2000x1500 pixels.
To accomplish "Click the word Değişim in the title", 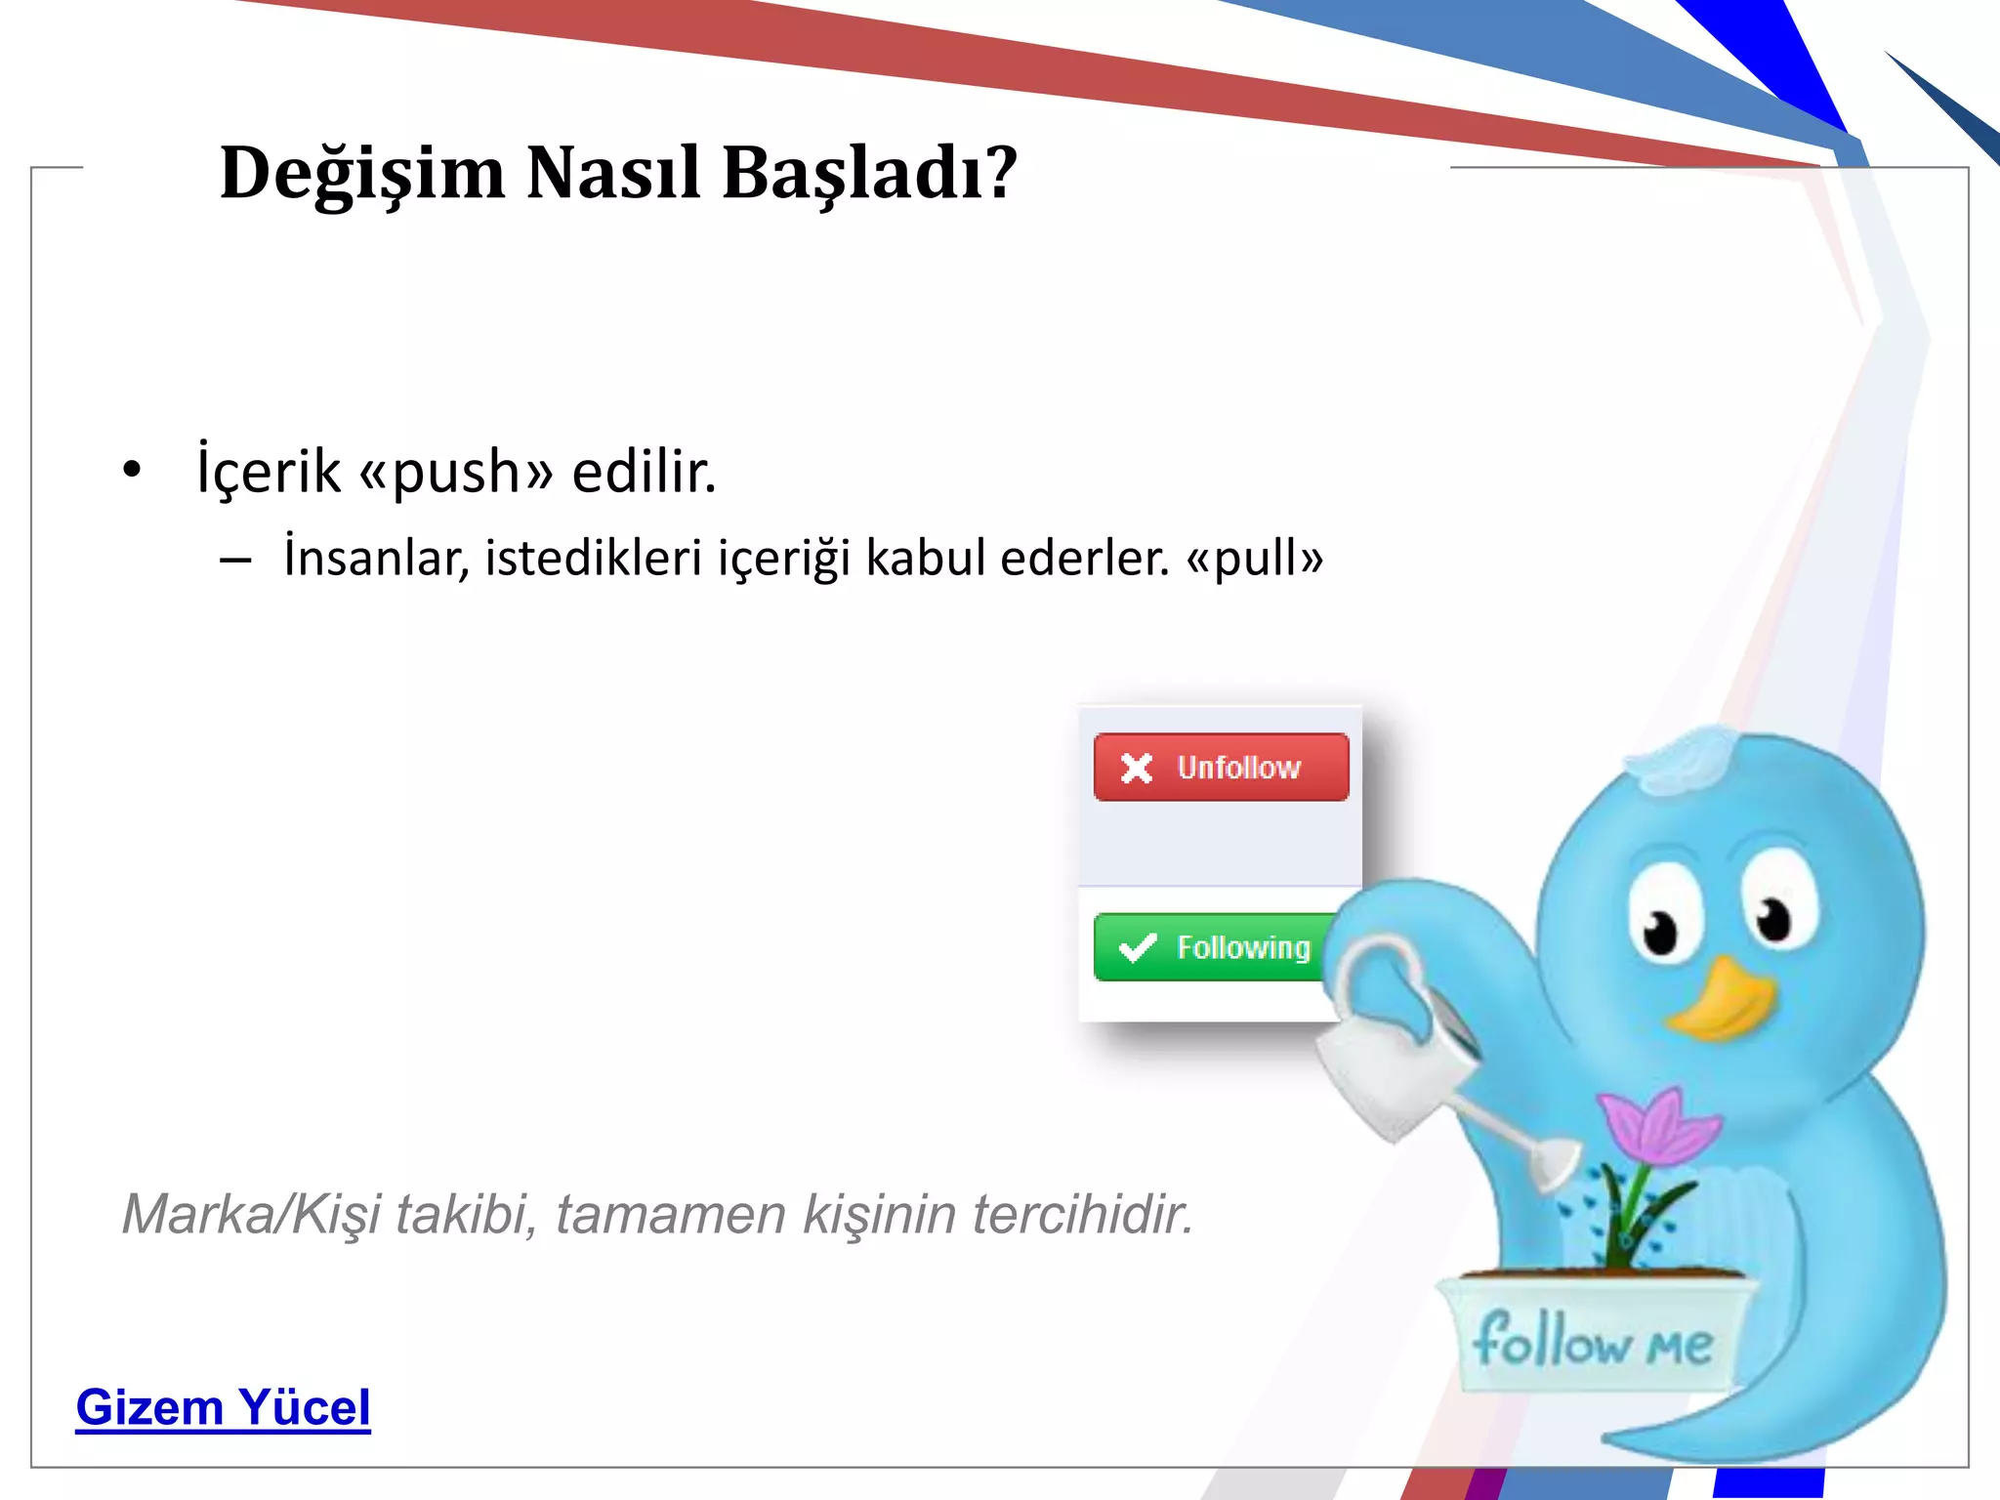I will pos(362,173).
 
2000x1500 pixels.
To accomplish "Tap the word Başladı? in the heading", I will pos(869,173).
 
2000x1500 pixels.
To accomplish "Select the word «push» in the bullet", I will pos(456,472).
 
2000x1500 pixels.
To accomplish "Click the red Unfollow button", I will pos(1221,768).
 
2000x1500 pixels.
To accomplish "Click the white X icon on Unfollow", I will pos(1137,769).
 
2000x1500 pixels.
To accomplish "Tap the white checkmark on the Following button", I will pos(1138,947).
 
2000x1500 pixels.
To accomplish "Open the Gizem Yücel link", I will pos(224,1407).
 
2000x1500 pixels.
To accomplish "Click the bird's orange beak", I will pos(1724,1001).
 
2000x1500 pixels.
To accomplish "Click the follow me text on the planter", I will pos(1592,1341).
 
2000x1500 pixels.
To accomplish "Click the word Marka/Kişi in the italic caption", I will pos(250,1215).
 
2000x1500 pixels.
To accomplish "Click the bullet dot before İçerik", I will pos(132,470).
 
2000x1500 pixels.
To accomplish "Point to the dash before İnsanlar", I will pos(235,561).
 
